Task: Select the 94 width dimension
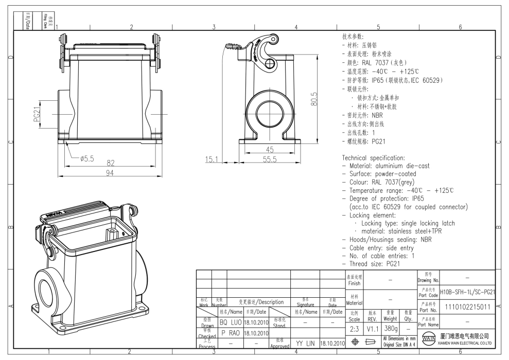coord(110,173)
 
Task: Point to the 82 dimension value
coord(110,163)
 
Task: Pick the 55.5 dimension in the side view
coord(270,159)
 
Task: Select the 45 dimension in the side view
coord(270,150)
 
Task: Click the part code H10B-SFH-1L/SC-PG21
coord(467,292)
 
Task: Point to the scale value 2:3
coord(354,328)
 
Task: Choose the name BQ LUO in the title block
coord(230,322)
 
